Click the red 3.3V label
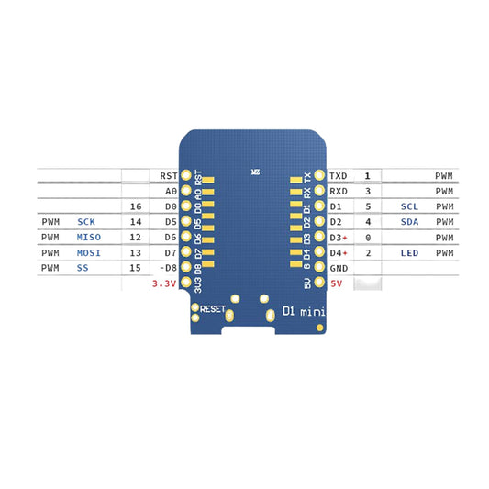point(162,284)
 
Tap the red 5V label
point(336,284)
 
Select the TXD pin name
point(339,175)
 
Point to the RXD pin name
point(339,191)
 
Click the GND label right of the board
point(339,268)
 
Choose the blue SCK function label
point(86,222)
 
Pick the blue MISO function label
point(90,238)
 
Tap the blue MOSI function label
point(90,252)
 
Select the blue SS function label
point(83,268)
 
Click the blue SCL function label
point(410,206)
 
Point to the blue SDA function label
point(410,222)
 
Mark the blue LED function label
point(410,252)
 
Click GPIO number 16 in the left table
point(136,206)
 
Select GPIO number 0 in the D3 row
point(368,238)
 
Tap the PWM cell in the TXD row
point(444,175)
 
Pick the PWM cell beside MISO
point(50,238)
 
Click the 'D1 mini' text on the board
point(304,311)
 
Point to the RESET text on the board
point(212,309)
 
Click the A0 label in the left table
point(170,191)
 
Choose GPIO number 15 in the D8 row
point(136,268)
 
